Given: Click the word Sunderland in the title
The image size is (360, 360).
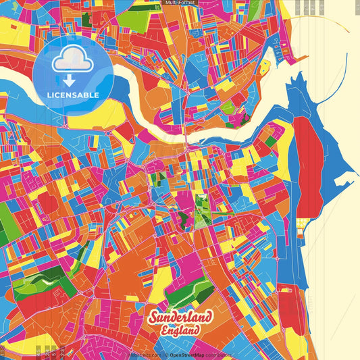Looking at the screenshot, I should (x=180, y=317).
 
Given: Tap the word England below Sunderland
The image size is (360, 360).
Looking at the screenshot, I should (x=180, y=330).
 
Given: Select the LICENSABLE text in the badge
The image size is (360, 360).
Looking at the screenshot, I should (x=73, y=95).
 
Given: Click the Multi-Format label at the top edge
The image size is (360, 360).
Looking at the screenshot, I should (x=180, y=3).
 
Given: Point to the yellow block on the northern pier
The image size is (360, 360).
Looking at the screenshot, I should (x=265, y=67).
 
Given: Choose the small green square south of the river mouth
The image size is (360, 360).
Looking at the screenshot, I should (x=271, y=142).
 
